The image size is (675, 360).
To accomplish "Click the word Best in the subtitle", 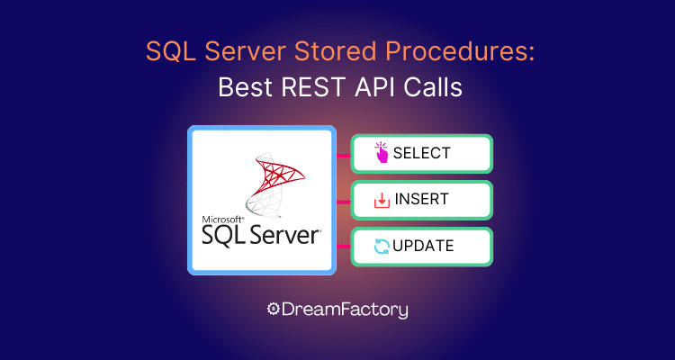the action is (x=246, y=88).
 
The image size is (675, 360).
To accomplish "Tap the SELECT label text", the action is (x=422, y=153).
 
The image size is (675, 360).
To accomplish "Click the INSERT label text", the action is (x=421, y=200).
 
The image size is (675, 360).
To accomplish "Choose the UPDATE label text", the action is (x=423, y=246).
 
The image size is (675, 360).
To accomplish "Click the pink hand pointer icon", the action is (x=381, y=152).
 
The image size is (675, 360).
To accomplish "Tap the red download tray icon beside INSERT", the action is (x=382, y=200).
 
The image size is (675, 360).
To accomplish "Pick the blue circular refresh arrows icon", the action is (x=382, y=247).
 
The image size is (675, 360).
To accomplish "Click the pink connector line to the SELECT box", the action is (x=344, y=155).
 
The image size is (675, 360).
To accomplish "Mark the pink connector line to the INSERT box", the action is (x=344, y=201).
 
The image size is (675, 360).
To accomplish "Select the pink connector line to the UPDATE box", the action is (x=344, y=247).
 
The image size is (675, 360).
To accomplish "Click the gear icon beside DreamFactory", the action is (x=273, y=309).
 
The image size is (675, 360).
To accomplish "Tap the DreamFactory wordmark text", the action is (x=345, y=310).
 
